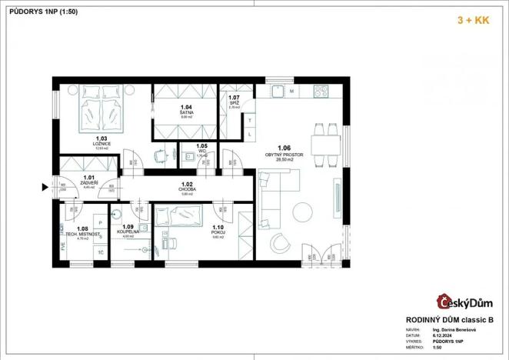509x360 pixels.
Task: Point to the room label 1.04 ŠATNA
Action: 185,111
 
